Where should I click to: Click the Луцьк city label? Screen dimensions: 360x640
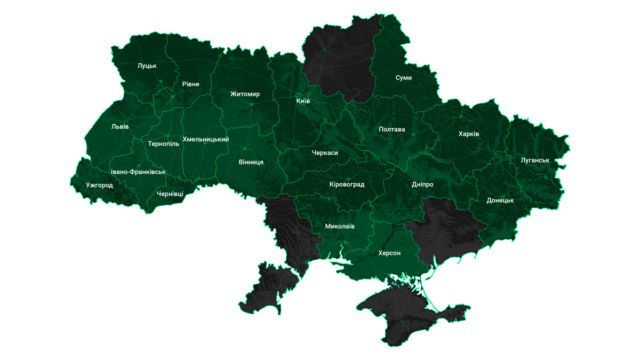147,66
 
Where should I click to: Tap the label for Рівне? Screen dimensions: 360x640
190,84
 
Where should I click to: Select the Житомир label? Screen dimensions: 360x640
245,94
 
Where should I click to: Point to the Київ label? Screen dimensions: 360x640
303,101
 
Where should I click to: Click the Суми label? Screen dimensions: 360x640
404,78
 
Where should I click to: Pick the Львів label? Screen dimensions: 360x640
120,127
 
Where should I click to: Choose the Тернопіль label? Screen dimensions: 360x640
164,144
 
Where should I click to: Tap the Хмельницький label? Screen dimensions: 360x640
206,140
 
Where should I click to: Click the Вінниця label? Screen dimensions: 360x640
251,162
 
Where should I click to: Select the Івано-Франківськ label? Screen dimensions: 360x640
138,172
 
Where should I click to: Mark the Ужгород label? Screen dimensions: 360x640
99,186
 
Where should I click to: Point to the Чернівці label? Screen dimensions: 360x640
170,194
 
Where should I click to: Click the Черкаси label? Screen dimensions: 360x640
325,153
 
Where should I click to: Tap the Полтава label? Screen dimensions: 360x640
392,130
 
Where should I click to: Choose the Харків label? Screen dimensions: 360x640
469,134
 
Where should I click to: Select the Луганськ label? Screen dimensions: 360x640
535,161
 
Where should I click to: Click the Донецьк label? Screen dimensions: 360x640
500,201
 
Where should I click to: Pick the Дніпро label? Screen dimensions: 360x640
422,185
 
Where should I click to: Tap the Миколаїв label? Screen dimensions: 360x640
340,227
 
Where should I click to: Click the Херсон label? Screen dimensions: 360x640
389,253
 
